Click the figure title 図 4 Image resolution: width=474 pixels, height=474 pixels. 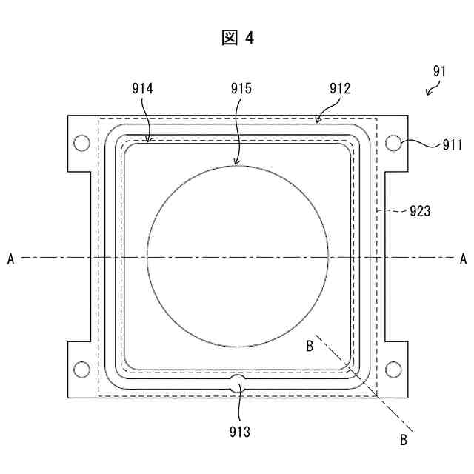(x=237, y=38)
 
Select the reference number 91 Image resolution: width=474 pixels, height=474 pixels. (x=439, y=72)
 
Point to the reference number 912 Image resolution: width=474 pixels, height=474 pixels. (x=339, y=89)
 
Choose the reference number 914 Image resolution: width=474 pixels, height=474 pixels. (x=141, y=89)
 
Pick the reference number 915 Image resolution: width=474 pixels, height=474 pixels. (x=241, y=89)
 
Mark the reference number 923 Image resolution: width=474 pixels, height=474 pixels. (x=419, y=211)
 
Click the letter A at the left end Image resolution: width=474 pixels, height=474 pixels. (x=10, y=258)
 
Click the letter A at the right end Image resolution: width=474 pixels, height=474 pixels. (x=463, y=258)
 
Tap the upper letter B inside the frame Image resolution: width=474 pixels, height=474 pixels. (x=310, y=345)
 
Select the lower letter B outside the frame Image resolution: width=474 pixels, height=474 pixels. (x=404, y=440)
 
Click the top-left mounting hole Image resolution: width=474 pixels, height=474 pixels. (x=82, y=142)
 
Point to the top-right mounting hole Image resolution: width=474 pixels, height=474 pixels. (x=393, y=142)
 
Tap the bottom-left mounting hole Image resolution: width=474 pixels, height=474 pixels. (x=82, y=368)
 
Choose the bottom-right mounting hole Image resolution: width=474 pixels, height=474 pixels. (x=393, y=368)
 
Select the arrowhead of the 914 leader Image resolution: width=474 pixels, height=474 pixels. (x=150, y=139)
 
